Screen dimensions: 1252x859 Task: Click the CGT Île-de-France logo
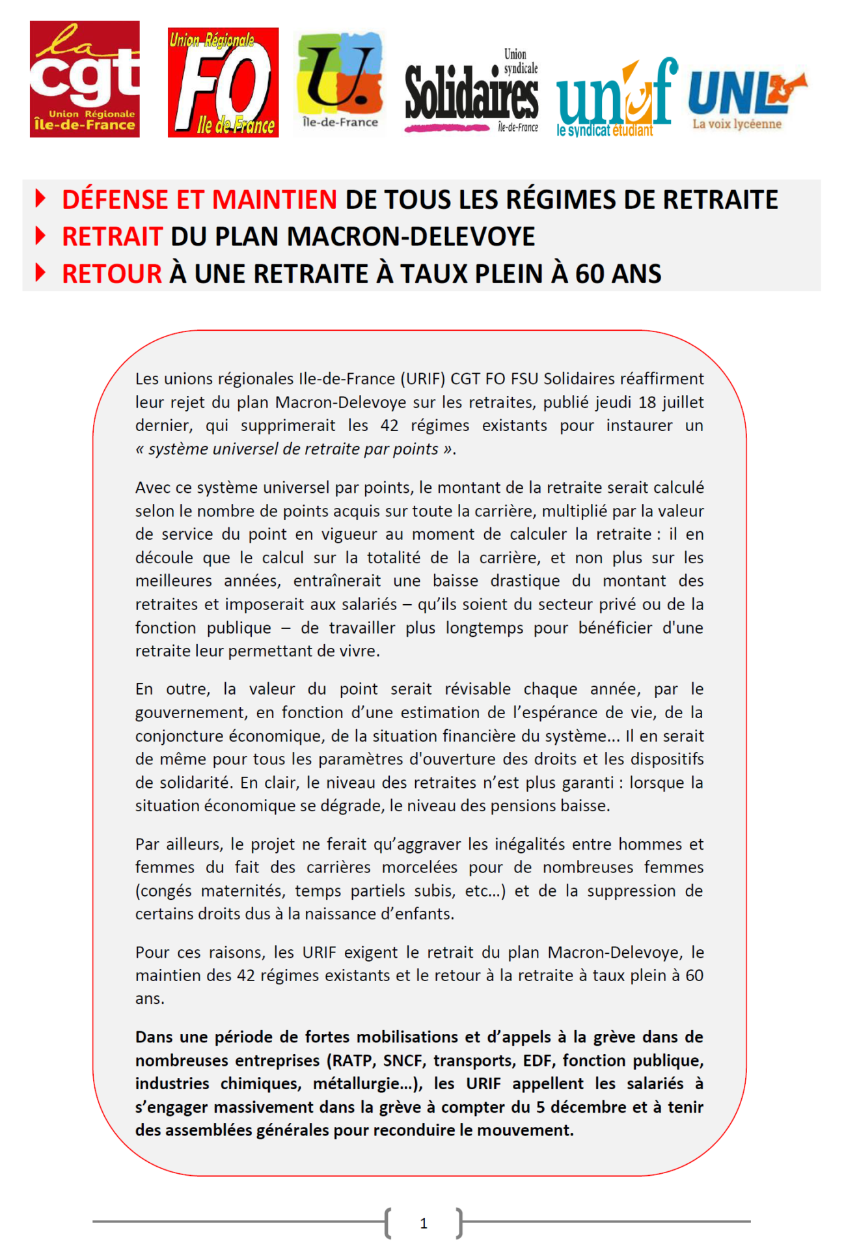pos(85,79)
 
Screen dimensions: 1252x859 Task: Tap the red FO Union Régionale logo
pos(223,82)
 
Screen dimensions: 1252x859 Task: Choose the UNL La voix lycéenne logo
pos(746,96)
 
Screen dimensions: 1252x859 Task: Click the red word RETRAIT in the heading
pos(111,236)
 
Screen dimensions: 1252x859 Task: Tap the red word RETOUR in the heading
pos(111,274)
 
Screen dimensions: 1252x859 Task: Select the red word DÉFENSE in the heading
pos(116,199)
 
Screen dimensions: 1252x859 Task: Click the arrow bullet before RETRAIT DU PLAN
pos(40,236)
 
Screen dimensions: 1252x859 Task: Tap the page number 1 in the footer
pos(424,1223)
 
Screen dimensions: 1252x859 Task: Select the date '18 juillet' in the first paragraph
pos(671,402)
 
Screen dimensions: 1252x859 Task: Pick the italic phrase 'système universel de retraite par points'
pos(293,449)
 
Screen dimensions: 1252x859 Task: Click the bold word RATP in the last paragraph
pos(352,1061)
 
